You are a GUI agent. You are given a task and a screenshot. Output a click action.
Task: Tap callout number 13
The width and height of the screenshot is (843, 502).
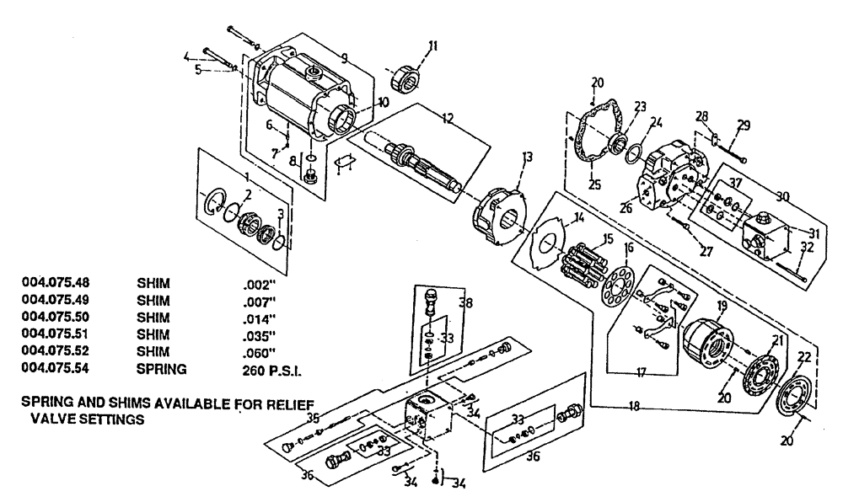pyautogui.click(x=529, y=157)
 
